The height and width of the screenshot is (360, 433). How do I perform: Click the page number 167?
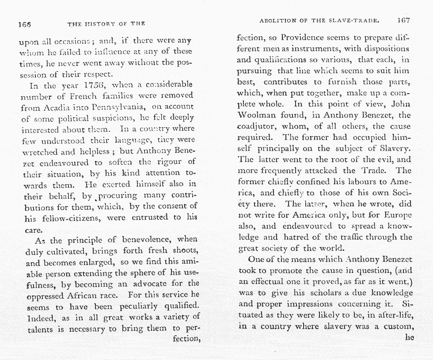403,20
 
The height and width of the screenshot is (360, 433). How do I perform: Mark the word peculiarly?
135,306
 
